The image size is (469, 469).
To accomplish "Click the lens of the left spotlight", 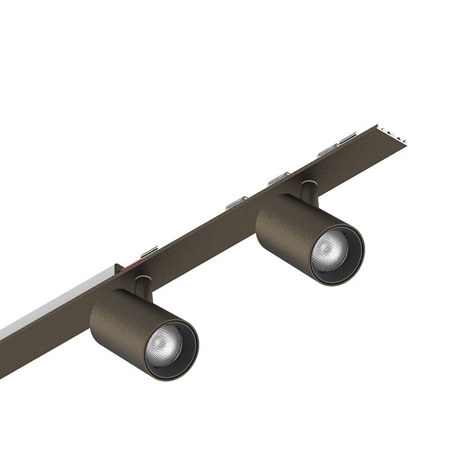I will point(164,345).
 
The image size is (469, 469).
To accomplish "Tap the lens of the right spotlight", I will point(329,250).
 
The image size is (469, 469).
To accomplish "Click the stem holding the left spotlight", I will point(142,287).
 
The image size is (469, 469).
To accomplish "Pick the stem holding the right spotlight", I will point(308,193).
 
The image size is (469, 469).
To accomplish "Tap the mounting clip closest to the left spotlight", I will point(149,252).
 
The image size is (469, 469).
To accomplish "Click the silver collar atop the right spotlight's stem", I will point(308,183).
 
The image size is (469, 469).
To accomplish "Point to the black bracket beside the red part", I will point(119,270).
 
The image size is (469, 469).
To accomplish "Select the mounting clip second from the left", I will point(236,203).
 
